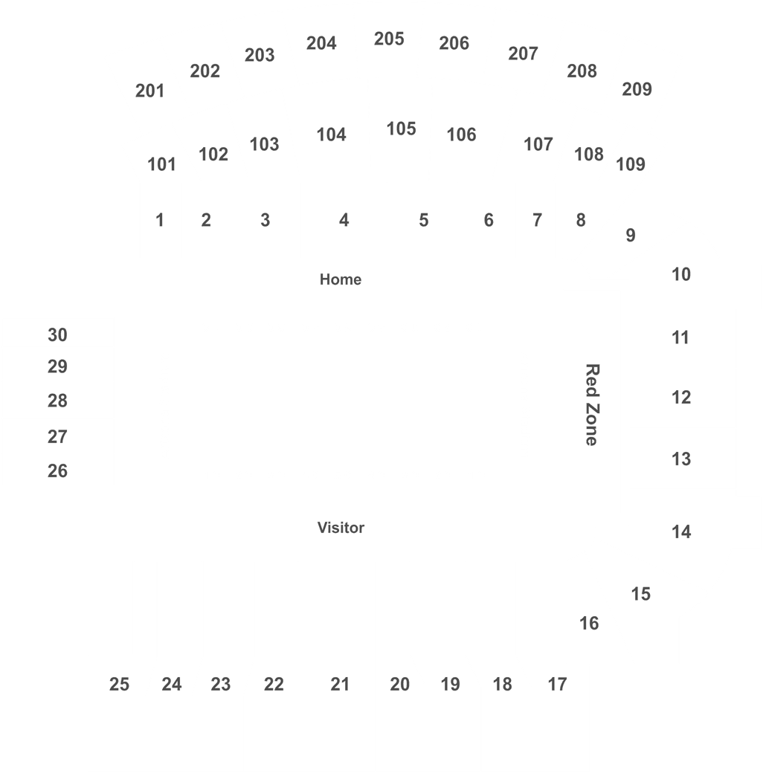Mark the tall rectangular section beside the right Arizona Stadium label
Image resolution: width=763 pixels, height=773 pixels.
coord(592,401)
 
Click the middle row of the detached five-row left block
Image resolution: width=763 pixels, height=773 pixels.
coord(58,399)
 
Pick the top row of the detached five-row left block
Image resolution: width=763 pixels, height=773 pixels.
coord(58,331)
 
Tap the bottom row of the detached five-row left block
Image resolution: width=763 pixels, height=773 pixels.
coord(58,469)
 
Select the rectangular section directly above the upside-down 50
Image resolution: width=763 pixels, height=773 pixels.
coord(344,220)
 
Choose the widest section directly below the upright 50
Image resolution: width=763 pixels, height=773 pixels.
coord(336,665)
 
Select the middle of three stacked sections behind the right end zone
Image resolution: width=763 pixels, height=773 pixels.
coord(683,398)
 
